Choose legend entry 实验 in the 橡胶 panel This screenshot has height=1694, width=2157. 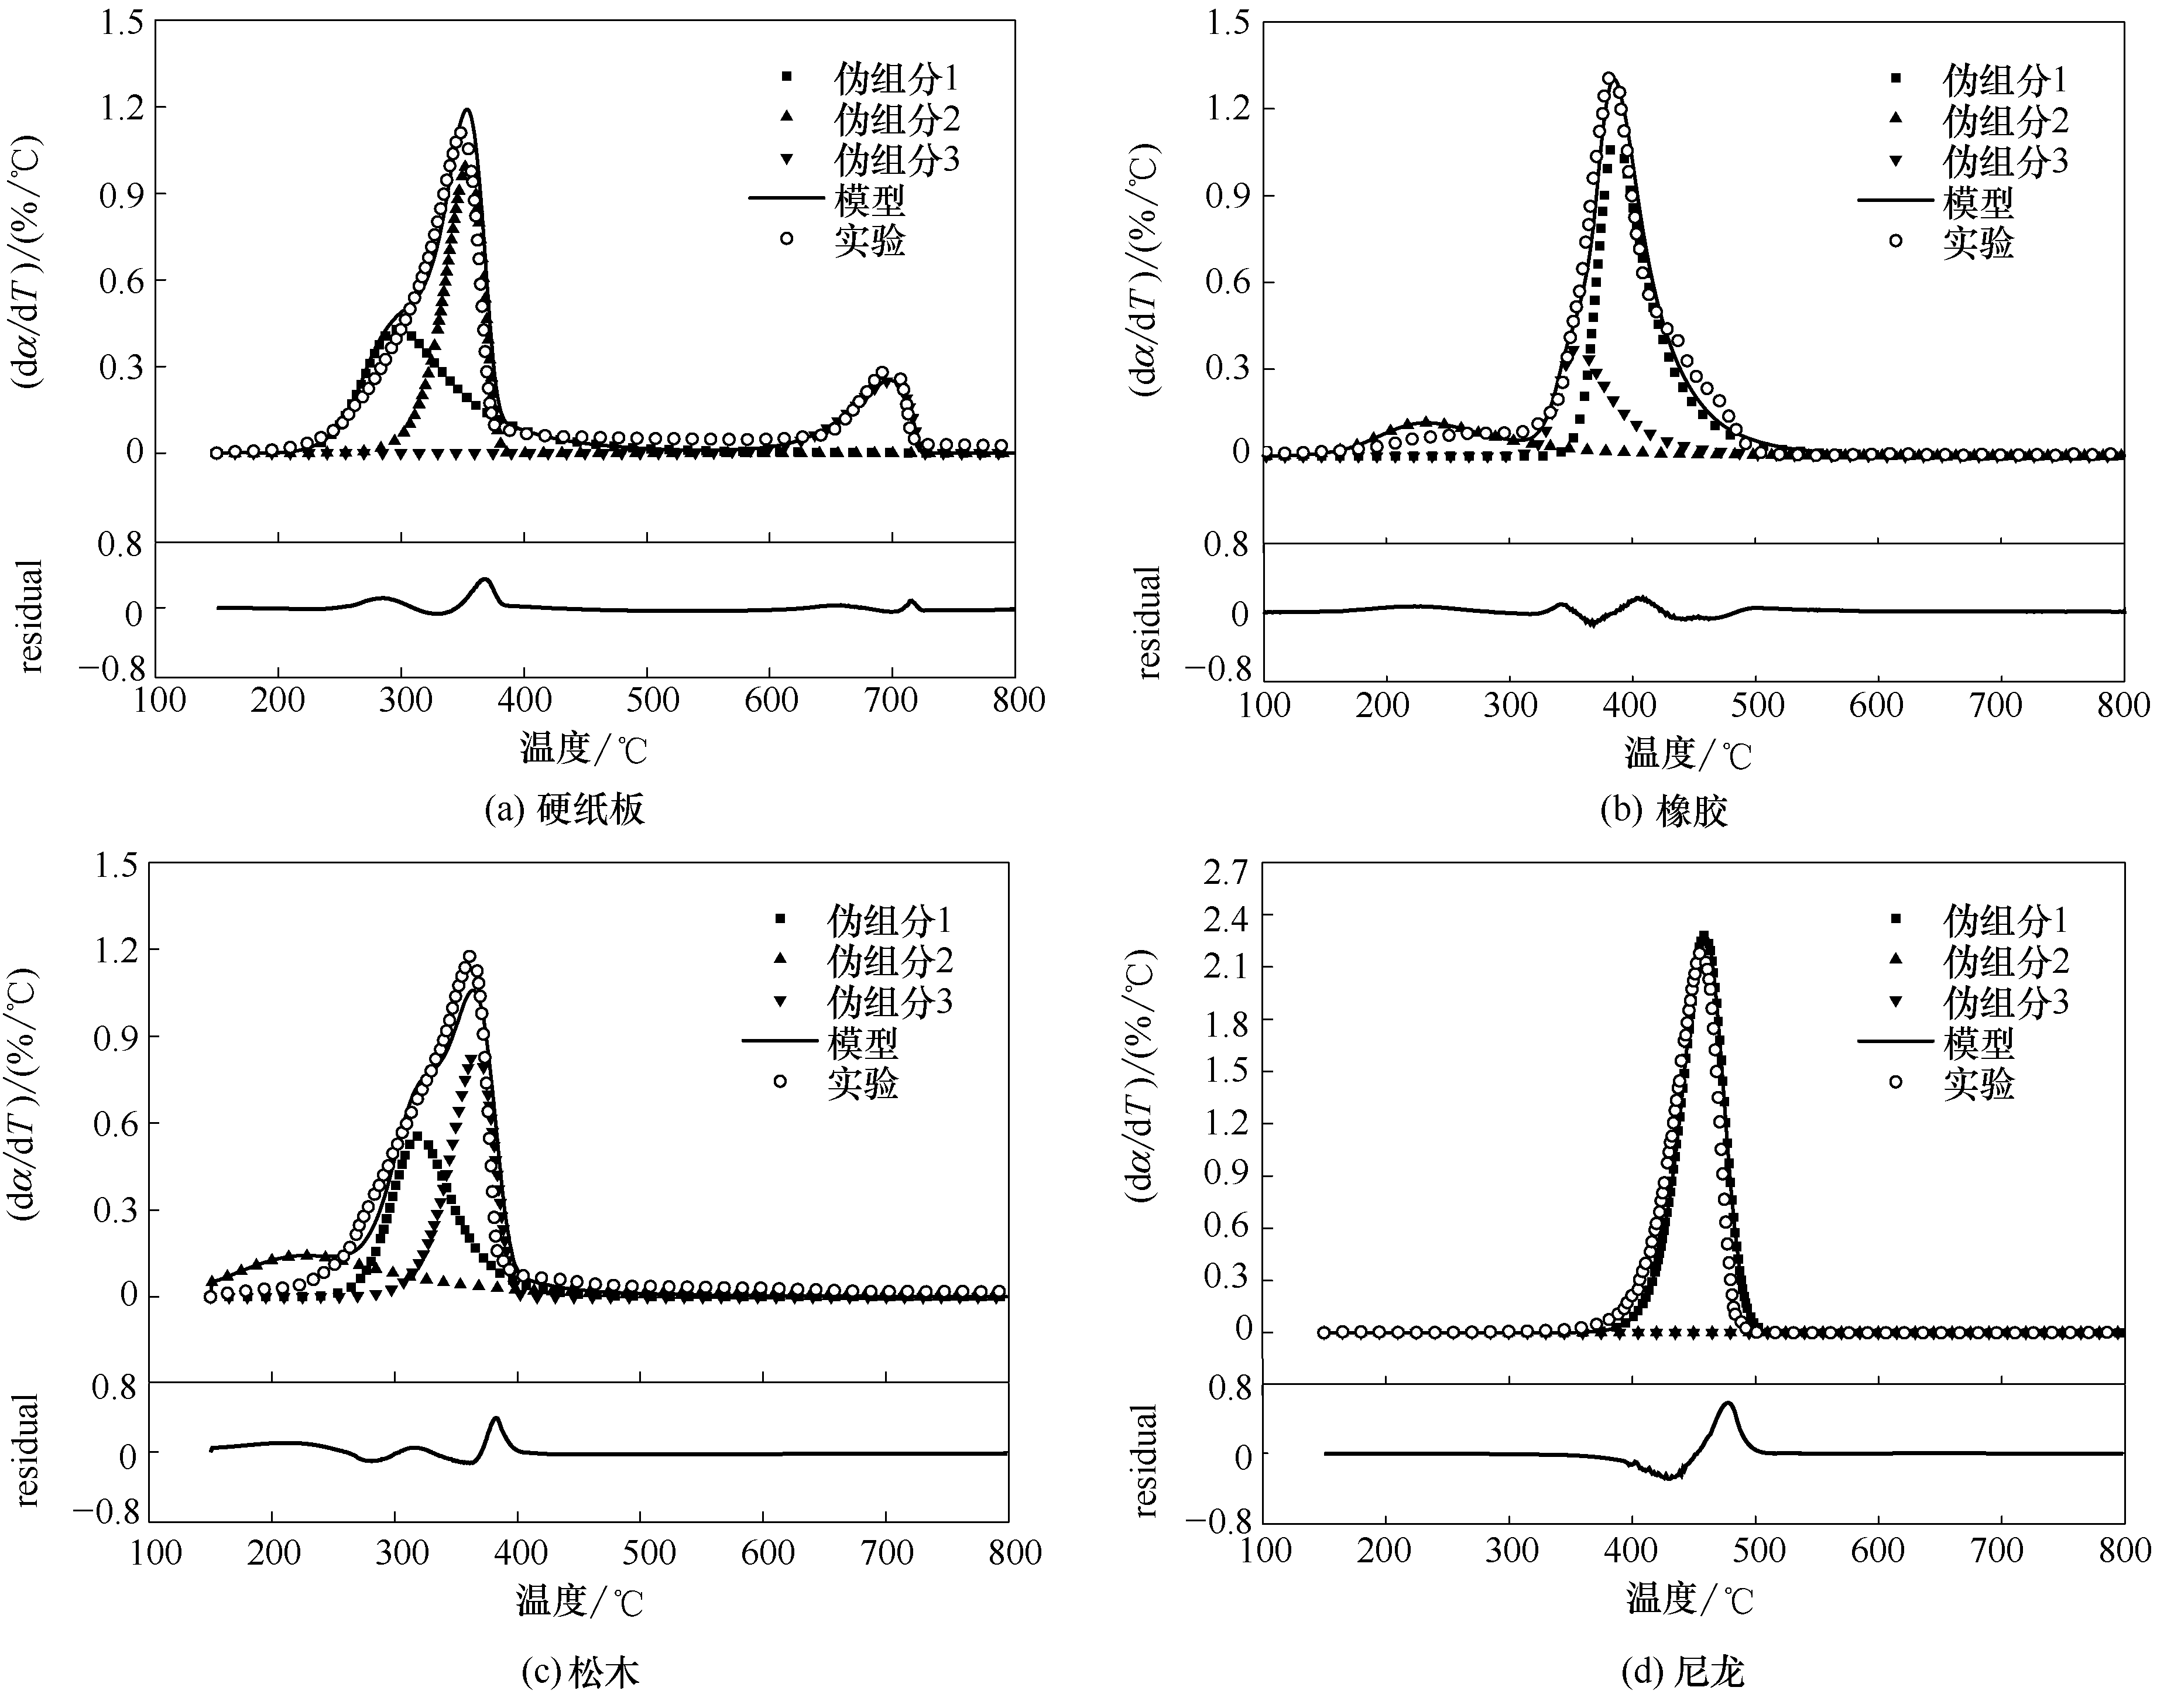[x=1977, y=242]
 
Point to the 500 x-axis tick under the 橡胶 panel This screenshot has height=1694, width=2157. [x=1755, y=705]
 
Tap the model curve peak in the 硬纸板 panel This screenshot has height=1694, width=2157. [x=466, y=110]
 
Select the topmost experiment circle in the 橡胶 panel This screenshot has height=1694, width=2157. [x=1609, y=78]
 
